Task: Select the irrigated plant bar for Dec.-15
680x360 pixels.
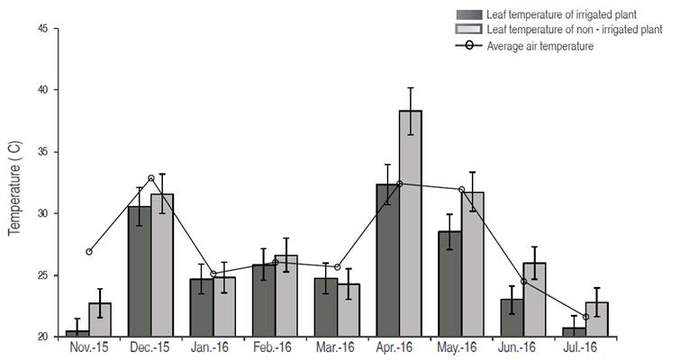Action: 140,271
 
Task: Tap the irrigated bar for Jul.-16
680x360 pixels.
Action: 574,332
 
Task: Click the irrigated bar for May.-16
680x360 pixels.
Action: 449,283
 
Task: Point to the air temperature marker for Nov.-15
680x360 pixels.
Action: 89,251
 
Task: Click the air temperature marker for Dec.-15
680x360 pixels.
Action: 151,178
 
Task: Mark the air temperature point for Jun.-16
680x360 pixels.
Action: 523,282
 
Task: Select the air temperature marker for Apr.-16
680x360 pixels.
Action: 399,184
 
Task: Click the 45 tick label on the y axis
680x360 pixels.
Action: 43,29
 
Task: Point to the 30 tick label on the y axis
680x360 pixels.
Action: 43,213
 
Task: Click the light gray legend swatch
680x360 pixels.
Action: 469,31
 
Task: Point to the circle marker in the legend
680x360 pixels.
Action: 469,46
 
